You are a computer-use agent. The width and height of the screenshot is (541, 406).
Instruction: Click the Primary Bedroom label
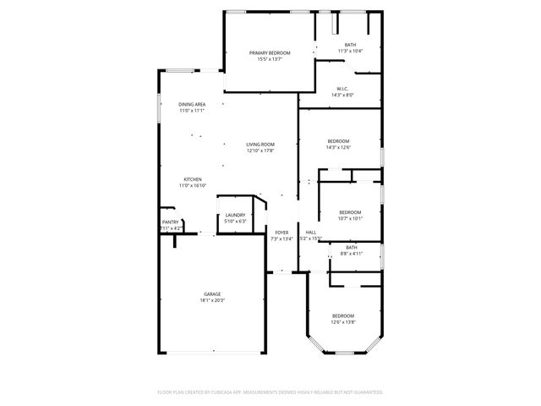[x=270, y=53]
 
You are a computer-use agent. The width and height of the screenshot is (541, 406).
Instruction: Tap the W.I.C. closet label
[x=342, y=89]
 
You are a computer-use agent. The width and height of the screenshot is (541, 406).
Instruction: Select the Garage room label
[x=212, y=294]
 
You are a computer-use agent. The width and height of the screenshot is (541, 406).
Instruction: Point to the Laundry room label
[x=235, y=215]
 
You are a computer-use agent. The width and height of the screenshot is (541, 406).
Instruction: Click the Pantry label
[x=169, y=222]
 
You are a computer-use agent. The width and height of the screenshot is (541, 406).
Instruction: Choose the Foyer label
[x=281, y=233]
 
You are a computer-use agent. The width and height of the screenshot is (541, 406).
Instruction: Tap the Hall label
[x=310, y=233]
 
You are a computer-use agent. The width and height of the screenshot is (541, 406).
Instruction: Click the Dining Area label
[x=192, y=104]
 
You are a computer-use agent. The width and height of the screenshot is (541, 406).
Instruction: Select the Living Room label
[x=260, y=145]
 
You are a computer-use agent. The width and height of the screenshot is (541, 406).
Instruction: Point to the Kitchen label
[x=193, y=179]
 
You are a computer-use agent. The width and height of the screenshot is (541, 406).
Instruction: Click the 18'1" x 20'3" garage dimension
[x=212, y=300]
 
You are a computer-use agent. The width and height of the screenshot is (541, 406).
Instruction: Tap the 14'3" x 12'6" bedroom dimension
[x=338, y=147]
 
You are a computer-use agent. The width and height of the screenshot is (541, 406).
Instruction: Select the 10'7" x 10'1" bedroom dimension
[x=350, y=218]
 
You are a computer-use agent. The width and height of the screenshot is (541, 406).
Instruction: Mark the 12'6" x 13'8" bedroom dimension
[x=342, y=321]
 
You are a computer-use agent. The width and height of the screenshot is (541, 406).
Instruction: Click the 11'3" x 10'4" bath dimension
[x=350, y=52]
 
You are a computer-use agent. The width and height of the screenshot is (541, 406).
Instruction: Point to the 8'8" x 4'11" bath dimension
[x=351, y=254]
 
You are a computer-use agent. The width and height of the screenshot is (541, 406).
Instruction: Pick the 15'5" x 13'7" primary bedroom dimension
[x=270, y=59]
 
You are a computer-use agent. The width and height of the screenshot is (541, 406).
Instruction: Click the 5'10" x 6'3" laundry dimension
[x=235, y=221]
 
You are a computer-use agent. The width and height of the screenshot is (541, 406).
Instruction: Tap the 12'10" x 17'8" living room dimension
[x=260, y=151]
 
